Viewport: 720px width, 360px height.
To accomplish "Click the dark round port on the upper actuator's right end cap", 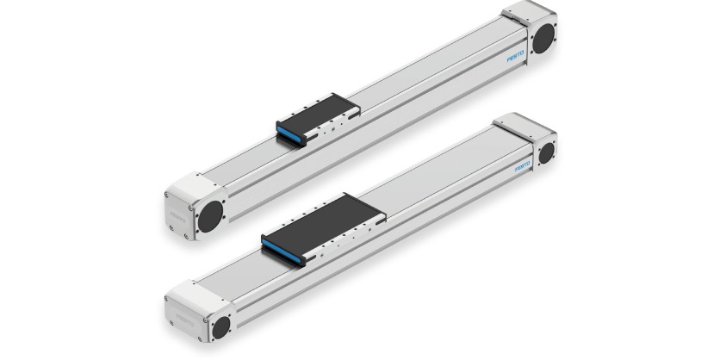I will (543, 39).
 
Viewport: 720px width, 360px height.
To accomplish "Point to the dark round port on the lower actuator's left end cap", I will (220, 326).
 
